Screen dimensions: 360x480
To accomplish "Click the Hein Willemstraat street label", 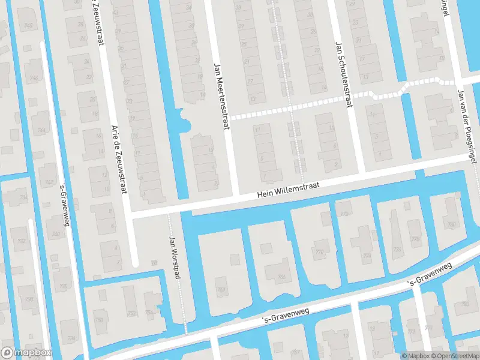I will (287, 190).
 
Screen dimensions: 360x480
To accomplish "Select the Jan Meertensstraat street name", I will (221, 97).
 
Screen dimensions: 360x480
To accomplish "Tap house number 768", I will (221, 289).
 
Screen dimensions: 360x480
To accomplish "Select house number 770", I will (320, 251).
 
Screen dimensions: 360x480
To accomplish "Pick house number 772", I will (344, 214).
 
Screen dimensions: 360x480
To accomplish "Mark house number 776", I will (397, 250).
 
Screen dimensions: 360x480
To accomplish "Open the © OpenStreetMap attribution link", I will (457, 356).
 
